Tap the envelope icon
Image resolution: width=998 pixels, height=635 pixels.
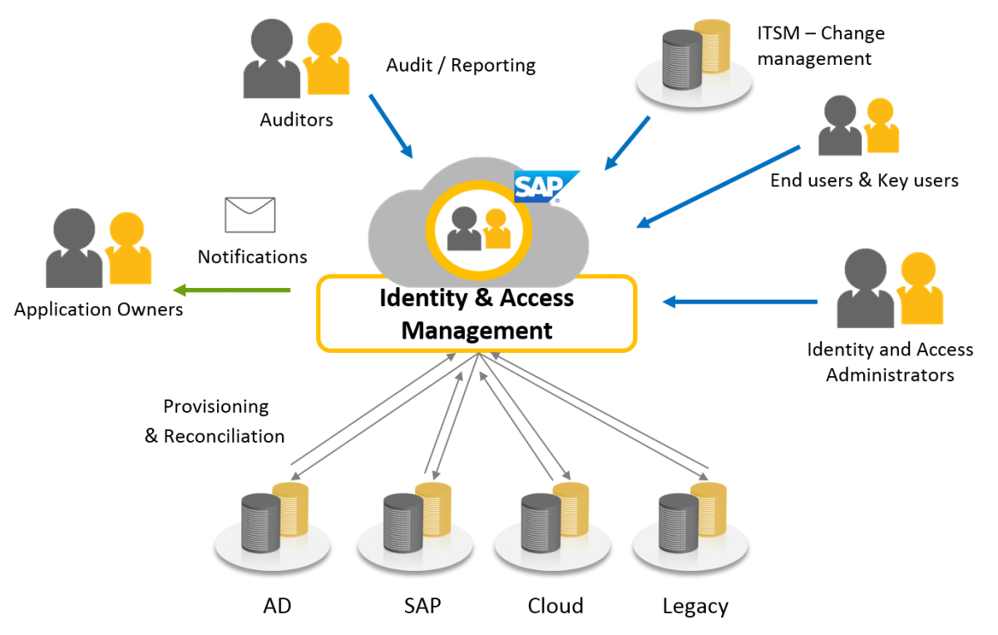point(249,215)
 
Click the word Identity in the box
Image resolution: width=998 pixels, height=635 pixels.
point(418,297)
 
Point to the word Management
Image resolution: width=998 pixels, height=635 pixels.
point(477,330)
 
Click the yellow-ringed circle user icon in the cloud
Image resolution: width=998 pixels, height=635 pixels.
point(478,227)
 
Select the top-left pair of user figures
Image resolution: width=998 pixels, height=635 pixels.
point(296,60)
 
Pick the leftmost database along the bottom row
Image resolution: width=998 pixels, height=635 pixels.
point(273,524)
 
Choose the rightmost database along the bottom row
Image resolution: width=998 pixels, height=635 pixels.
point(691,524)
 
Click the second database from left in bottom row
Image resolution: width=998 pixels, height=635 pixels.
point(416,524)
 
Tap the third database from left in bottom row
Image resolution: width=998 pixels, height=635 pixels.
point(553,524)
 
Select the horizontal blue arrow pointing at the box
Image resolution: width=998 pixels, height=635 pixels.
point(740,302)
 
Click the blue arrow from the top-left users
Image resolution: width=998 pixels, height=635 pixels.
point(390,125)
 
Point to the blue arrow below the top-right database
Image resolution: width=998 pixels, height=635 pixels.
point(628,142)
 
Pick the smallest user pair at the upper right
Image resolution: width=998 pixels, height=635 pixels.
point(858,126)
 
